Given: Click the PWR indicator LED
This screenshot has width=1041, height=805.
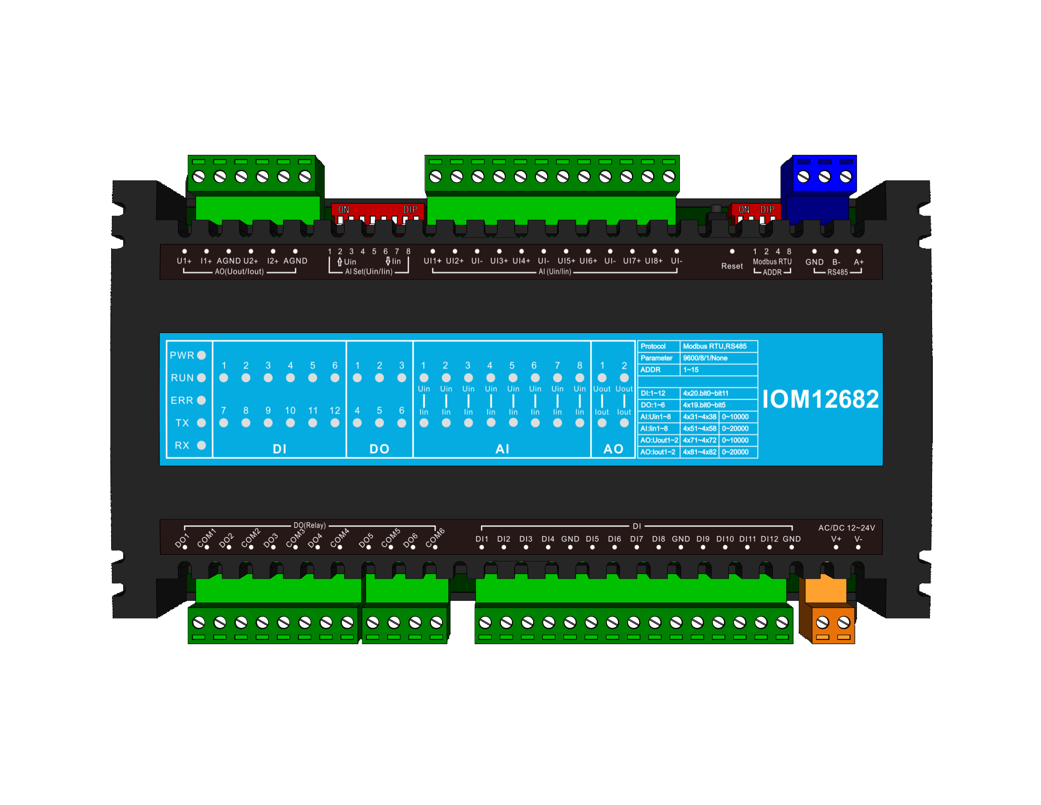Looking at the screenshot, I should [201, 355].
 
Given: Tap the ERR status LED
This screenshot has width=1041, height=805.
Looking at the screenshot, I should [201, 400].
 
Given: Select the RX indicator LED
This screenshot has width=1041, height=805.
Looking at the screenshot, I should [201, 445].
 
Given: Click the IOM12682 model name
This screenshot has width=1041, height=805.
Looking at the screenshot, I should [820, 399].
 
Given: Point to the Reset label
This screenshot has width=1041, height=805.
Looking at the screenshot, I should [732, 266].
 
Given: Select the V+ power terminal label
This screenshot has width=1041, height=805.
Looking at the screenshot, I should [836, 539].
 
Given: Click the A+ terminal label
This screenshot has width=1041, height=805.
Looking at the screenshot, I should [858, 262].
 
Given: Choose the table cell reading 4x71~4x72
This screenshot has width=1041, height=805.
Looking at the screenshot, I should [699, 440].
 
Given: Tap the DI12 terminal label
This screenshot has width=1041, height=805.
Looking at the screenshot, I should [769, 539].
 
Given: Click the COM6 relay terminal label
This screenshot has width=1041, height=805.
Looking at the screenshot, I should [435, 537].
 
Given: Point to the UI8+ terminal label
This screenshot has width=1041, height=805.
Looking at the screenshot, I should [653, 261].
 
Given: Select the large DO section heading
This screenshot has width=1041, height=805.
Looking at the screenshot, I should [379, 449].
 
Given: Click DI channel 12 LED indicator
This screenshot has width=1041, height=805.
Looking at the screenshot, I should [335, 422].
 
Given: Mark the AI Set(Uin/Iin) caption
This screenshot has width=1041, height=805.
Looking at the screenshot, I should [368, 271].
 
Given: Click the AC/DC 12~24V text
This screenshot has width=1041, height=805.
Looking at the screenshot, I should [846, 527].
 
